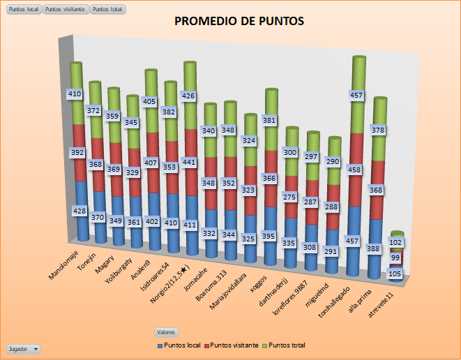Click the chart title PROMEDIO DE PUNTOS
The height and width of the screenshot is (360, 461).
click(239, 22)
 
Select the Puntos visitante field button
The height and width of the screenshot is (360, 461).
click(66, 10)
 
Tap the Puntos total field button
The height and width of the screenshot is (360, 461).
click(107, 10)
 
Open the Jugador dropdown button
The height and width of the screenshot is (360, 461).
click(24, 347)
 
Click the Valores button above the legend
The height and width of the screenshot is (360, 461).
click(166, 332)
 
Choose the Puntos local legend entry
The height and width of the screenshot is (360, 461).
click(182, 345)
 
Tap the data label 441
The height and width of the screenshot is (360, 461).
click(187, 162)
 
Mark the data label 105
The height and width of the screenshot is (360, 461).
click(394, 273)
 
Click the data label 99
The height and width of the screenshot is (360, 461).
click(395, 258)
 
